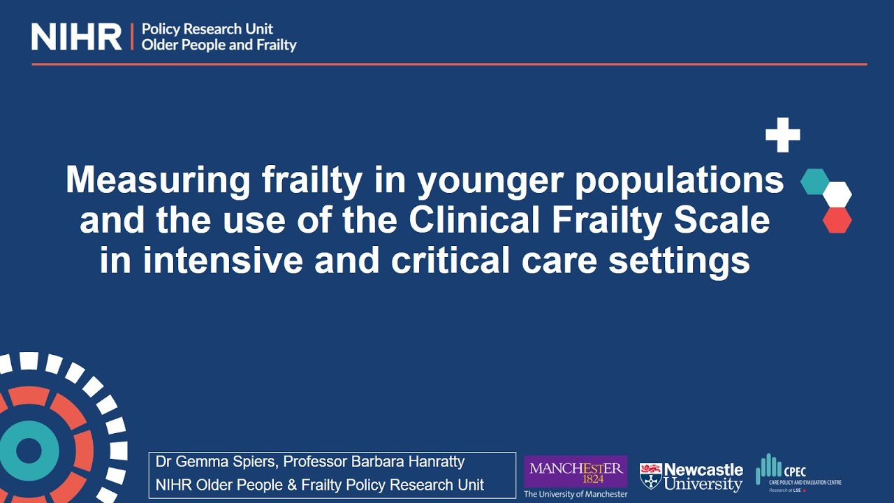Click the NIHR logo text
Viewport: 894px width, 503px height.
(77, 37)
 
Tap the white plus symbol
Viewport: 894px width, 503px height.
(782, 135)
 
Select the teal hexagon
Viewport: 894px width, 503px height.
(814, 181)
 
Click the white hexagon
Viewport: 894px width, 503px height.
(837, 194)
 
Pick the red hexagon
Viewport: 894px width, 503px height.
(837, 220)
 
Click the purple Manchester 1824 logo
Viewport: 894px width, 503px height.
(576, 471)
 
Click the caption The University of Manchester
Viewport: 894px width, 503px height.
(576, 494)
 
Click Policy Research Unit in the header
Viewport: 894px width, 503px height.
(207, 29)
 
